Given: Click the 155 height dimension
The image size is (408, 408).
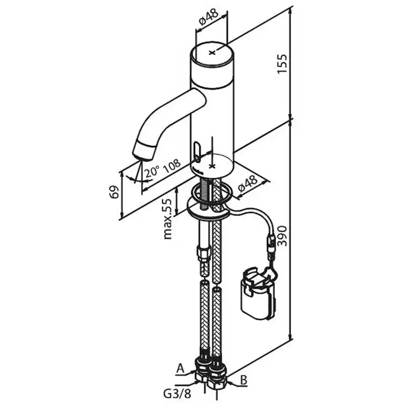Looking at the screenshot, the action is point(282,64).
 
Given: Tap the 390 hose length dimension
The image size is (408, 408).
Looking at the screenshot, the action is point(282,236).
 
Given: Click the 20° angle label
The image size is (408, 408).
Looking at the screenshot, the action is point(152,171).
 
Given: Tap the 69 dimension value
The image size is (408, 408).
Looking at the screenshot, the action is point(114,192).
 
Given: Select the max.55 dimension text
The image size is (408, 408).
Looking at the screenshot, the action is point(168,219).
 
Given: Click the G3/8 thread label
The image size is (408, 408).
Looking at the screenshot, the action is point(177,394).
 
